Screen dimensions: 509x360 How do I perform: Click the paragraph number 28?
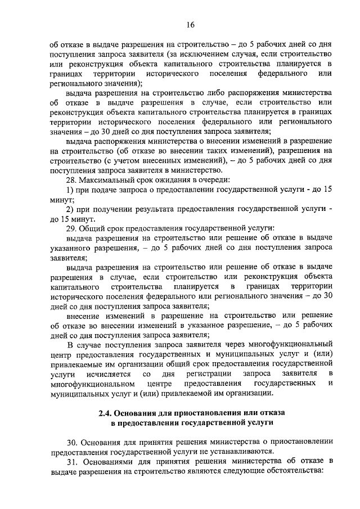pyautogui.click(x=72, y=179)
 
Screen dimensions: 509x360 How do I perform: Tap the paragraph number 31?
pyautogui.click(x=72, y=461)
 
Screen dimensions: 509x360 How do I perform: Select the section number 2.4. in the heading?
pyautogui.click(x=106, y=413)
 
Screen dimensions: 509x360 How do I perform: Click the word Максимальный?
pyautogui.click(x=105, y=179)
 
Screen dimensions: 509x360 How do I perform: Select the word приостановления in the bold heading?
pyautogui.click(x=213, y=413)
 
